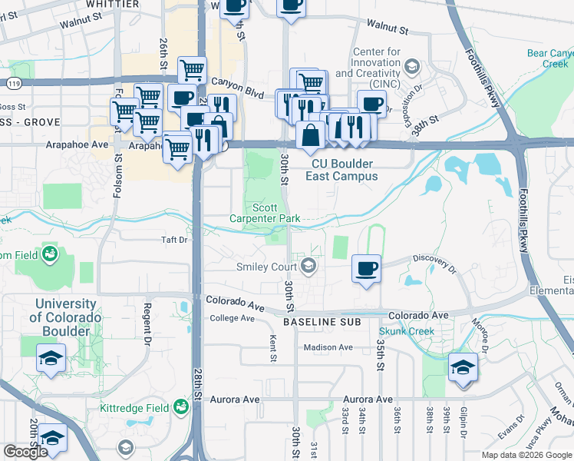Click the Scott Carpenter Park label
(265, 213)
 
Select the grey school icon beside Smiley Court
(308, 267)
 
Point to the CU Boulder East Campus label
(341, 170)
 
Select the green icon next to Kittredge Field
(181, 406)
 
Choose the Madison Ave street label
(328, 347)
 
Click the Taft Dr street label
(170, 240)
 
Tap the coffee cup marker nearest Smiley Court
(365, 270)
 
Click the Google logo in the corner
(25, 452)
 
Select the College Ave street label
(232, 318)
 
